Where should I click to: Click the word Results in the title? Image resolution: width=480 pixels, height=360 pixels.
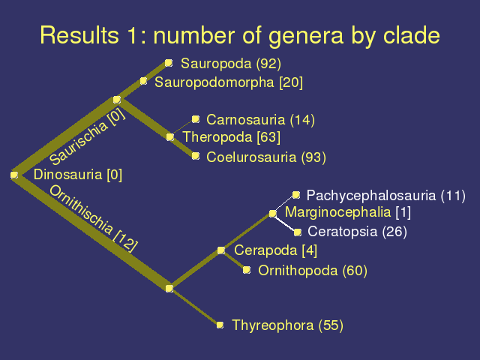coord(79,35)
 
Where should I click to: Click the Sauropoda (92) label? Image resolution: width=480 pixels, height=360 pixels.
coord(231,64)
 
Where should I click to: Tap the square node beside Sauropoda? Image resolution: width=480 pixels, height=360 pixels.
coord(169,63)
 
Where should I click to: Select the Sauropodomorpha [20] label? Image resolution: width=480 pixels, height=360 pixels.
coord(229,82)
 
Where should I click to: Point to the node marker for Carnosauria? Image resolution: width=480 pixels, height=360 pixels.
coord(196,118)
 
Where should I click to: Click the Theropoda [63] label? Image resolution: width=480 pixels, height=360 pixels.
coord(232,137)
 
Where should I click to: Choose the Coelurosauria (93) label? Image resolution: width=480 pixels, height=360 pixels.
coord(266,157)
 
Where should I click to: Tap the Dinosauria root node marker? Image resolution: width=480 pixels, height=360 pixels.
coord(14,175)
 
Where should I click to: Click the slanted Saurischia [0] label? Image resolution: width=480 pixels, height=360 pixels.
coord(88,136)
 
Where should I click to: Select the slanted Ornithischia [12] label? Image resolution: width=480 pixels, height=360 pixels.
coord(93,218)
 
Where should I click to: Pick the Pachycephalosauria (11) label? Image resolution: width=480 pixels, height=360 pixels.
coord(386,196)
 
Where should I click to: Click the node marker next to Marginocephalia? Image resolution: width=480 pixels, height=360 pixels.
coord(272,213)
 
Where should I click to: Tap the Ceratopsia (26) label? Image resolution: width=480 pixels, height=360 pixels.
coord(357,232)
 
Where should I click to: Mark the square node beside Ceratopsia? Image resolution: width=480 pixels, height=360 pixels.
coord(297,232)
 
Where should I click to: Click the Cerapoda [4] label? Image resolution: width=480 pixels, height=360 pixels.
coord(275,250)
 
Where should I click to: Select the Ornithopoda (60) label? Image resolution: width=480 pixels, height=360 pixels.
coord(313,271)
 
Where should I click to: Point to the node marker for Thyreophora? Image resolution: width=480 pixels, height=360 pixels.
coord(220,325)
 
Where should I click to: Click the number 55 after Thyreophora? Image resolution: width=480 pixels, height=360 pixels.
coord(331,325)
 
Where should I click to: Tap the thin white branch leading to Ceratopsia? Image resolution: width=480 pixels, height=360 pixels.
coord(285,223)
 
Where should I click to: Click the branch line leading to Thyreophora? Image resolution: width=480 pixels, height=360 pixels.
coord(195,307)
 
